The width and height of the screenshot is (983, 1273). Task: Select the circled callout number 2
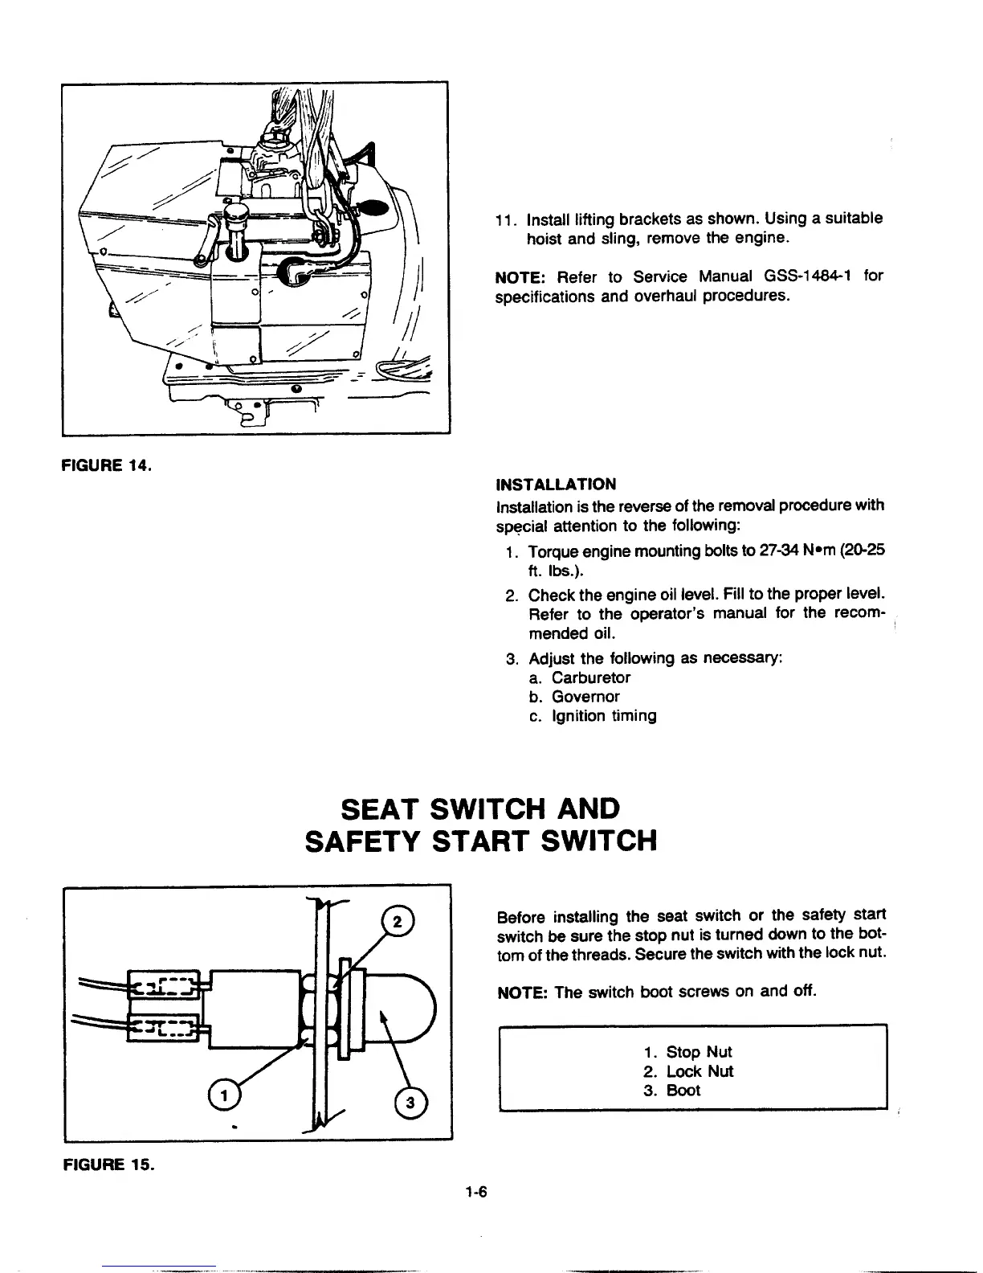(x=398, y=921)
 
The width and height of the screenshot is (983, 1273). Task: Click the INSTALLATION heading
(x=557, y=485)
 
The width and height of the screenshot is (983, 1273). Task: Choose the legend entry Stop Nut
(x=699, y=1052)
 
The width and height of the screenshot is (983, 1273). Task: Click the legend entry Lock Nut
(x=700, y=1071)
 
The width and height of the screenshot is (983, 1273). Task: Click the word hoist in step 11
(x=545, y=239)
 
